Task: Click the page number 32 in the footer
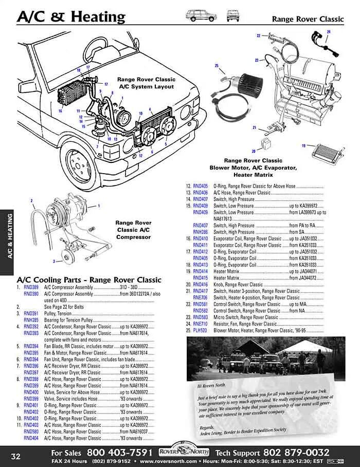click(15, 456)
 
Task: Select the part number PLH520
click(201, 330)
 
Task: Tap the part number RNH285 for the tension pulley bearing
click(31, 320)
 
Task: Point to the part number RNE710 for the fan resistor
click(201, 324)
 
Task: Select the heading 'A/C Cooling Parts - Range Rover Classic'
click(89, 279)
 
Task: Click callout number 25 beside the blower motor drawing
click(217, 66)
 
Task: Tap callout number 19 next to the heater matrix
click(304, 146)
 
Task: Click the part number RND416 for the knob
click(201, 284)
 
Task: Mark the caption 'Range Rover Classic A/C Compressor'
click(133, 230)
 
